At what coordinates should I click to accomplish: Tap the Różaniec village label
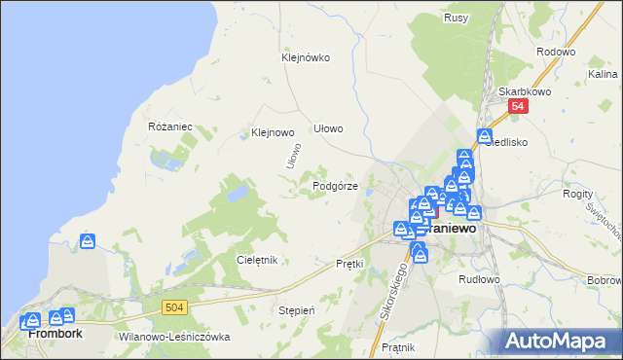[170, 126]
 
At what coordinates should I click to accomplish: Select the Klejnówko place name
[306, 57]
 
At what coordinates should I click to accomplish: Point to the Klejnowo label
[273, 132]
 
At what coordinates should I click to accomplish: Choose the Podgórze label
[335, 185]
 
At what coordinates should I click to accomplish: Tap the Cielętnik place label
[258, 260]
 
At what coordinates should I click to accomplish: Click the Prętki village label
[349, 263]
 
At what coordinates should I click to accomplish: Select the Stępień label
[297, 310]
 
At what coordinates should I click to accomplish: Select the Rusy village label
[456, 18]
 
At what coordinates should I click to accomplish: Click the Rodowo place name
[556, 52]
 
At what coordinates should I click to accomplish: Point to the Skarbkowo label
[520, 90]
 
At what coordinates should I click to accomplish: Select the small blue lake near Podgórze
[237, 195]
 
